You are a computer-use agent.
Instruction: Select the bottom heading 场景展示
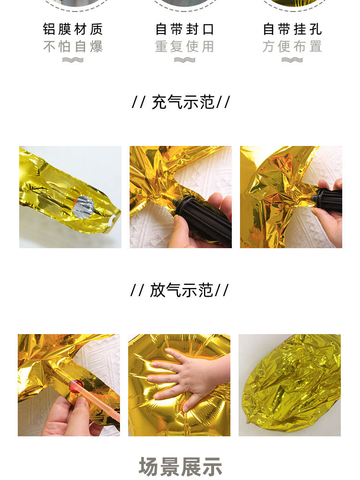click(x=180, y=467)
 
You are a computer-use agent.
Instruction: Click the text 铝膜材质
click(x=73, y=29)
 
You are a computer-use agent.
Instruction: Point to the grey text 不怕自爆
click(x=73, y=47)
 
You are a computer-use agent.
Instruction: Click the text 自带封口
click(x=184, y=29)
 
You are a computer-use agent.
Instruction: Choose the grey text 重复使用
click(x=184, y=47)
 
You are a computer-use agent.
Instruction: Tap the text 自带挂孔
click(x=292, y=29)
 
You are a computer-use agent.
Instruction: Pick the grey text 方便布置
click(x=292, y=47)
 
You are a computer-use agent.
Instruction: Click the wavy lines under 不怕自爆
click(x=73, y=60)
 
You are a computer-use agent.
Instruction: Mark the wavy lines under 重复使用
click(x=184, y=60)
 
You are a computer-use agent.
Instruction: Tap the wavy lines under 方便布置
click(x=292, y=60)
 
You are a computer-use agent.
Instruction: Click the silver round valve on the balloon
click(x=83, y=207)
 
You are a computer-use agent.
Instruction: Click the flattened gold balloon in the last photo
click(x=290, y=386)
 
